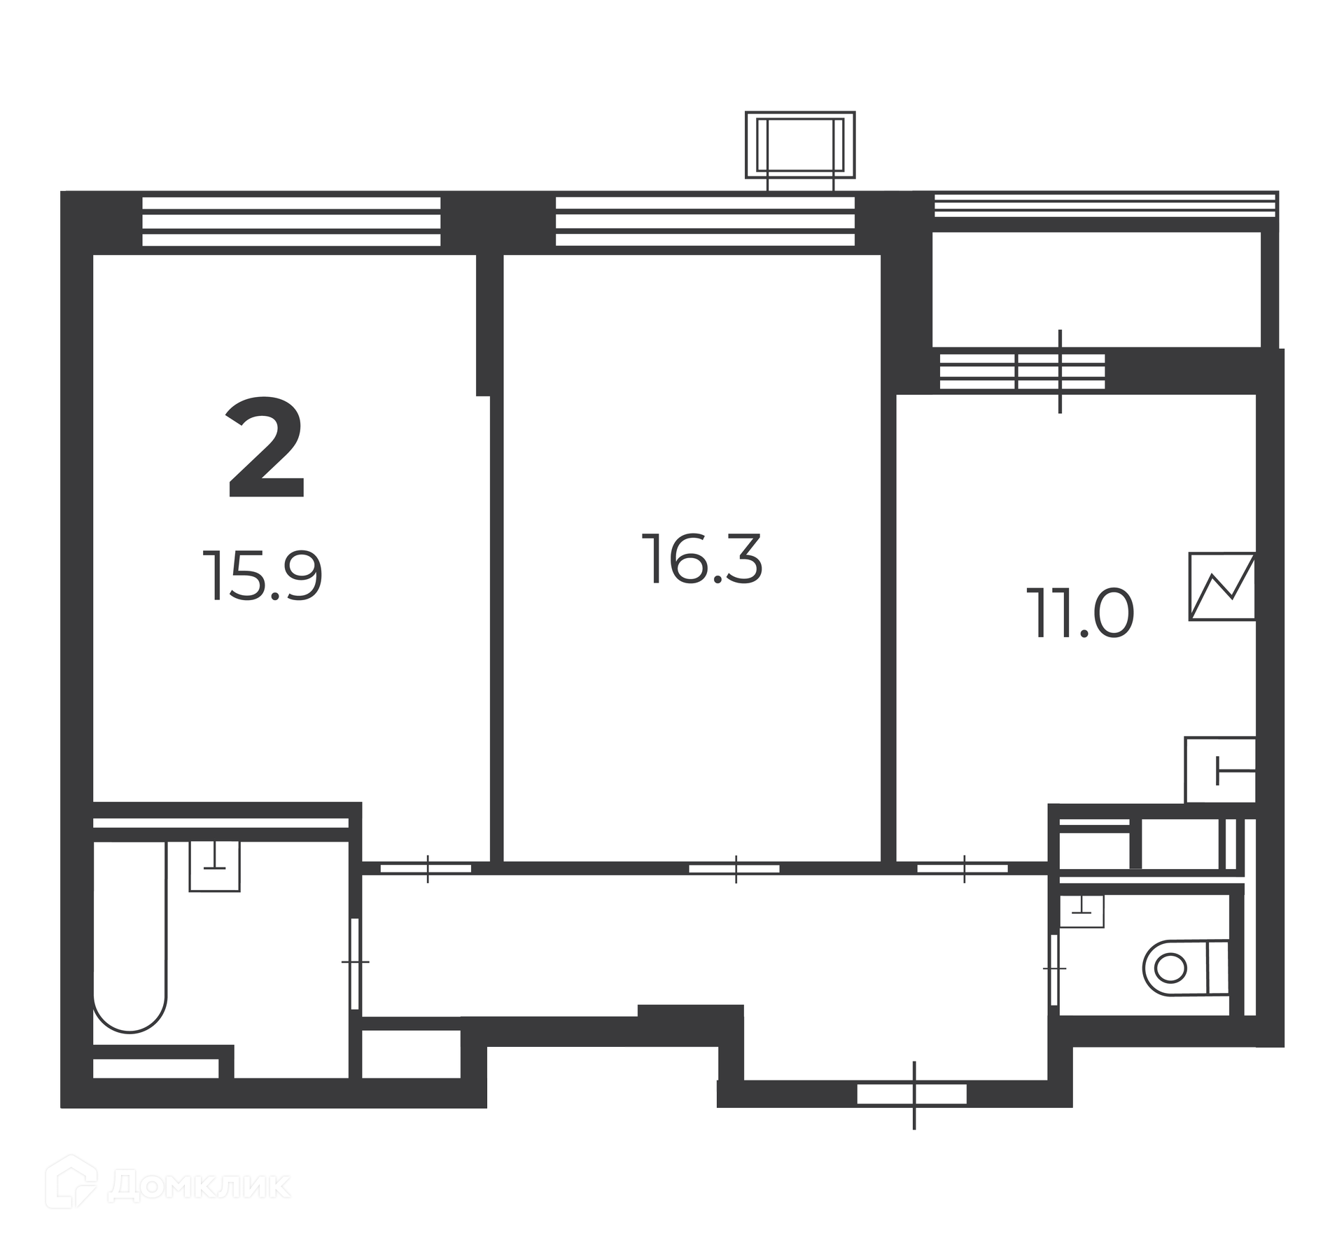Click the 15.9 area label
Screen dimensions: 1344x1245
point(262,576)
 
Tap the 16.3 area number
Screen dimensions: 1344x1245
point(702,558)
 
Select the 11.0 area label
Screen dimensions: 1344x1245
point(1080,613)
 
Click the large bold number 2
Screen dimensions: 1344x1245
point(267,448)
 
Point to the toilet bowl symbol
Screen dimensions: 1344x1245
point(1186,969)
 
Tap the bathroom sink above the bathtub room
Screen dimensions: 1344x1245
point(214,865)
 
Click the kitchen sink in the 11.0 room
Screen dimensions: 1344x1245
point(1219,770)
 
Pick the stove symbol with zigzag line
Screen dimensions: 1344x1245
point(1222,586)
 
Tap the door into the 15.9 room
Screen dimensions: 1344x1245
point(426,869)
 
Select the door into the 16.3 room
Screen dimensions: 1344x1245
point(734,869)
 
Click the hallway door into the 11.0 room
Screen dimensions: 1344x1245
point(962,869)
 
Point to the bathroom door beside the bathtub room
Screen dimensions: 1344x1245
point(355,964)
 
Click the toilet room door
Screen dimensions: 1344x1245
point(1054,969)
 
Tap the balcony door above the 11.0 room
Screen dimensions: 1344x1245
point(1060,371)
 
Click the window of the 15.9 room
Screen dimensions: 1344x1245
point(291,221)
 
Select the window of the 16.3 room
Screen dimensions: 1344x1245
point(705,221)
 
